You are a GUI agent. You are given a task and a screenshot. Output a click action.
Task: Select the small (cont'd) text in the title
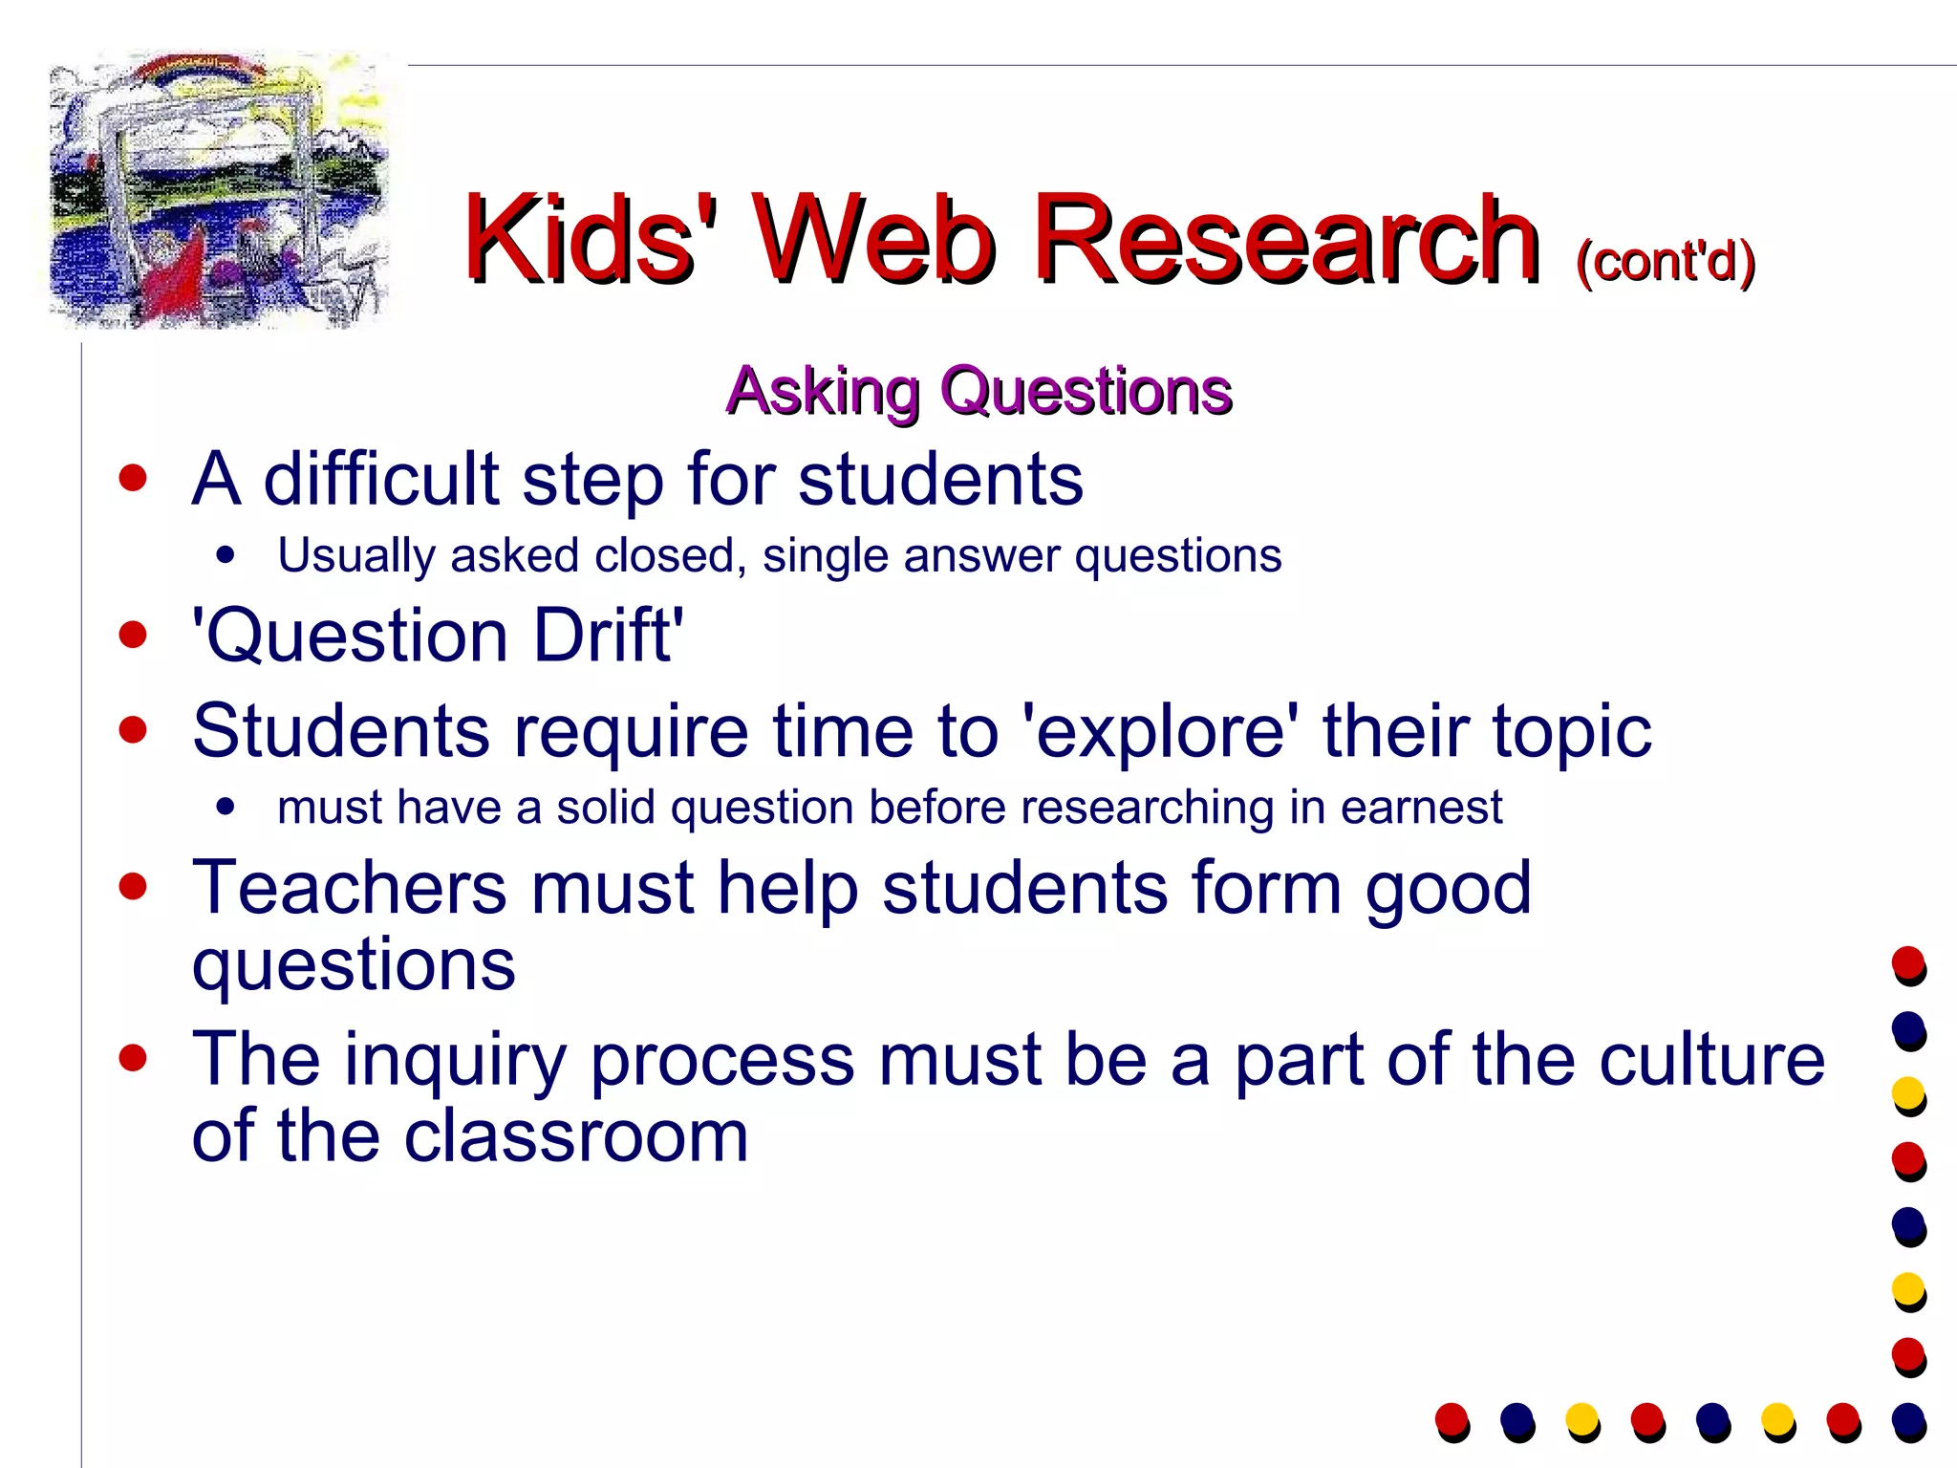(1666, 260)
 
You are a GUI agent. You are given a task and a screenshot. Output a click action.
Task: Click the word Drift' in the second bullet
(608, 636)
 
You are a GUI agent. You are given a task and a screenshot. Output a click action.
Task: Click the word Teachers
(349, 888)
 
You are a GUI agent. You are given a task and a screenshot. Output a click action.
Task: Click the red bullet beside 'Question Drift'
(134, 635)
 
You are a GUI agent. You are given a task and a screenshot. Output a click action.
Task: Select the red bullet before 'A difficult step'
(134, 478)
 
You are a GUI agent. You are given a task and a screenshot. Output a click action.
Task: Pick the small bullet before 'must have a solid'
(226, 808)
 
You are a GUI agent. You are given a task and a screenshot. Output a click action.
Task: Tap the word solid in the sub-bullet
(606, 808)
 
